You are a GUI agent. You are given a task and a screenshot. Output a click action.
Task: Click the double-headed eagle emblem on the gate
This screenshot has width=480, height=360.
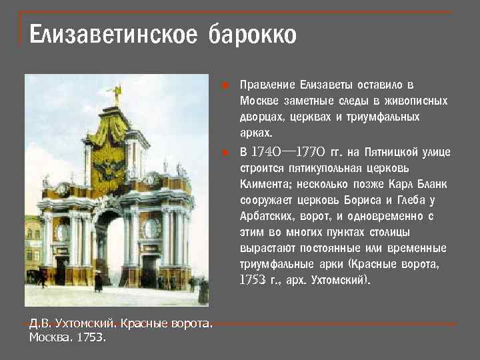[x=111, y=165]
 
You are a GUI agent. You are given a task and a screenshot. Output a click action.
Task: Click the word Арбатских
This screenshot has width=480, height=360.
[x=264, y=216]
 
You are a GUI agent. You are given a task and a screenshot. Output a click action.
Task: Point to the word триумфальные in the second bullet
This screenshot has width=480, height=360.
[x=273, y=264]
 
